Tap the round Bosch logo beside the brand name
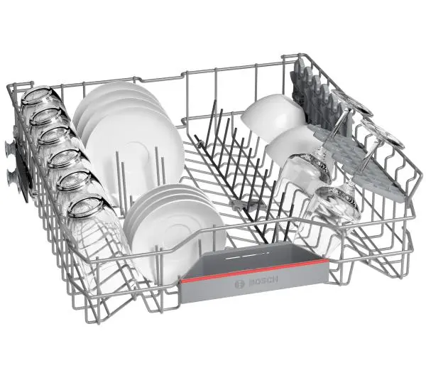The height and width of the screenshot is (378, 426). click(x=240, y=284)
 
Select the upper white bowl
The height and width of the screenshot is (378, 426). click(x=273, y=116)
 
